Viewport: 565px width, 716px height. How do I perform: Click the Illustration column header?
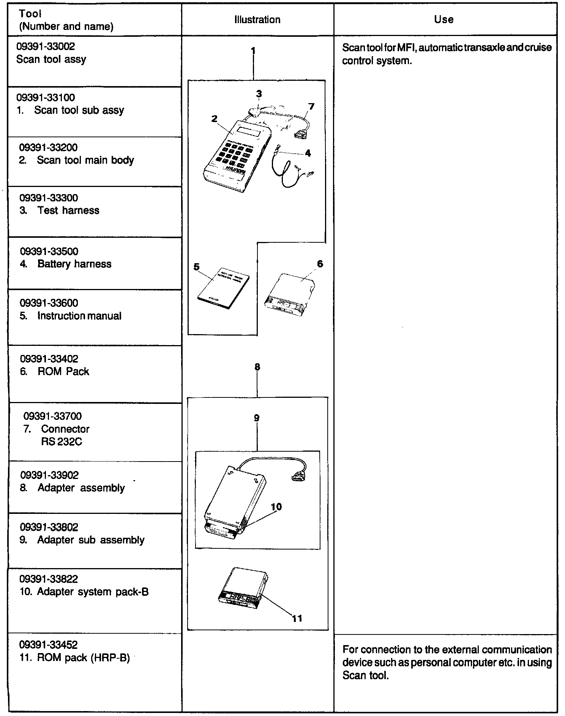pos(257,20)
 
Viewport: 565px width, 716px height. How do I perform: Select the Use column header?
pos(443,20)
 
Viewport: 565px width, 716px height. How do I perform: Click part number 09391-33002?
pos(46,47)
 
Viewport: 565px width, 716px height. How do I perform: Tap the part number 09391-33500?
pos(49,251)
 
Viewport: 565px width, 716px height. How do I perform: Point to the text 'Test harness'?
pos(68,210)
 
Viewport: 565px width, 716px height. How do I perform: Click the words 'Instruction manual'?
pos(79,316)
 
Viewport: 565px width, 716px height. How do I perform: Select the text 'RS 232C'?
pos(62,442)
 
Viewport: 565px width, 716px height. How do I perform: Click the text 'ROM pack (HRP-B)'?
pos(84,658)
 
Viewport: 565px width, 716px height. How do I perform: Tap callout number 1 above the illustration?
pos(253,51)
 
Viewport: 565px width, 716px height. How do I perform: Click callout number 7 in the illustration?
pos(311,107)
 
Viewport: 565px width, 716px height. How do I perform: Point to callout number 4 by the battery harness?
pos(308,153)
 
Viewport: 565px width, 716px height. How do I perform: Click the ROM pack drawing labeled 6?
pos(290,296)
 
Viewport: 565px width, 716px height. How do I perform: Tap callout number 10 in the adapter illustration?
pos(276,507)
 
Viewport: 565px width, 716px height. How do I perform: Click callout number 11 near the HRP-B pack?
pos(297,619)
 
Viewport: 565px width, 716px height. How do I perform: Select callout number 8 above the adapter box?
pos(257,367)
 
